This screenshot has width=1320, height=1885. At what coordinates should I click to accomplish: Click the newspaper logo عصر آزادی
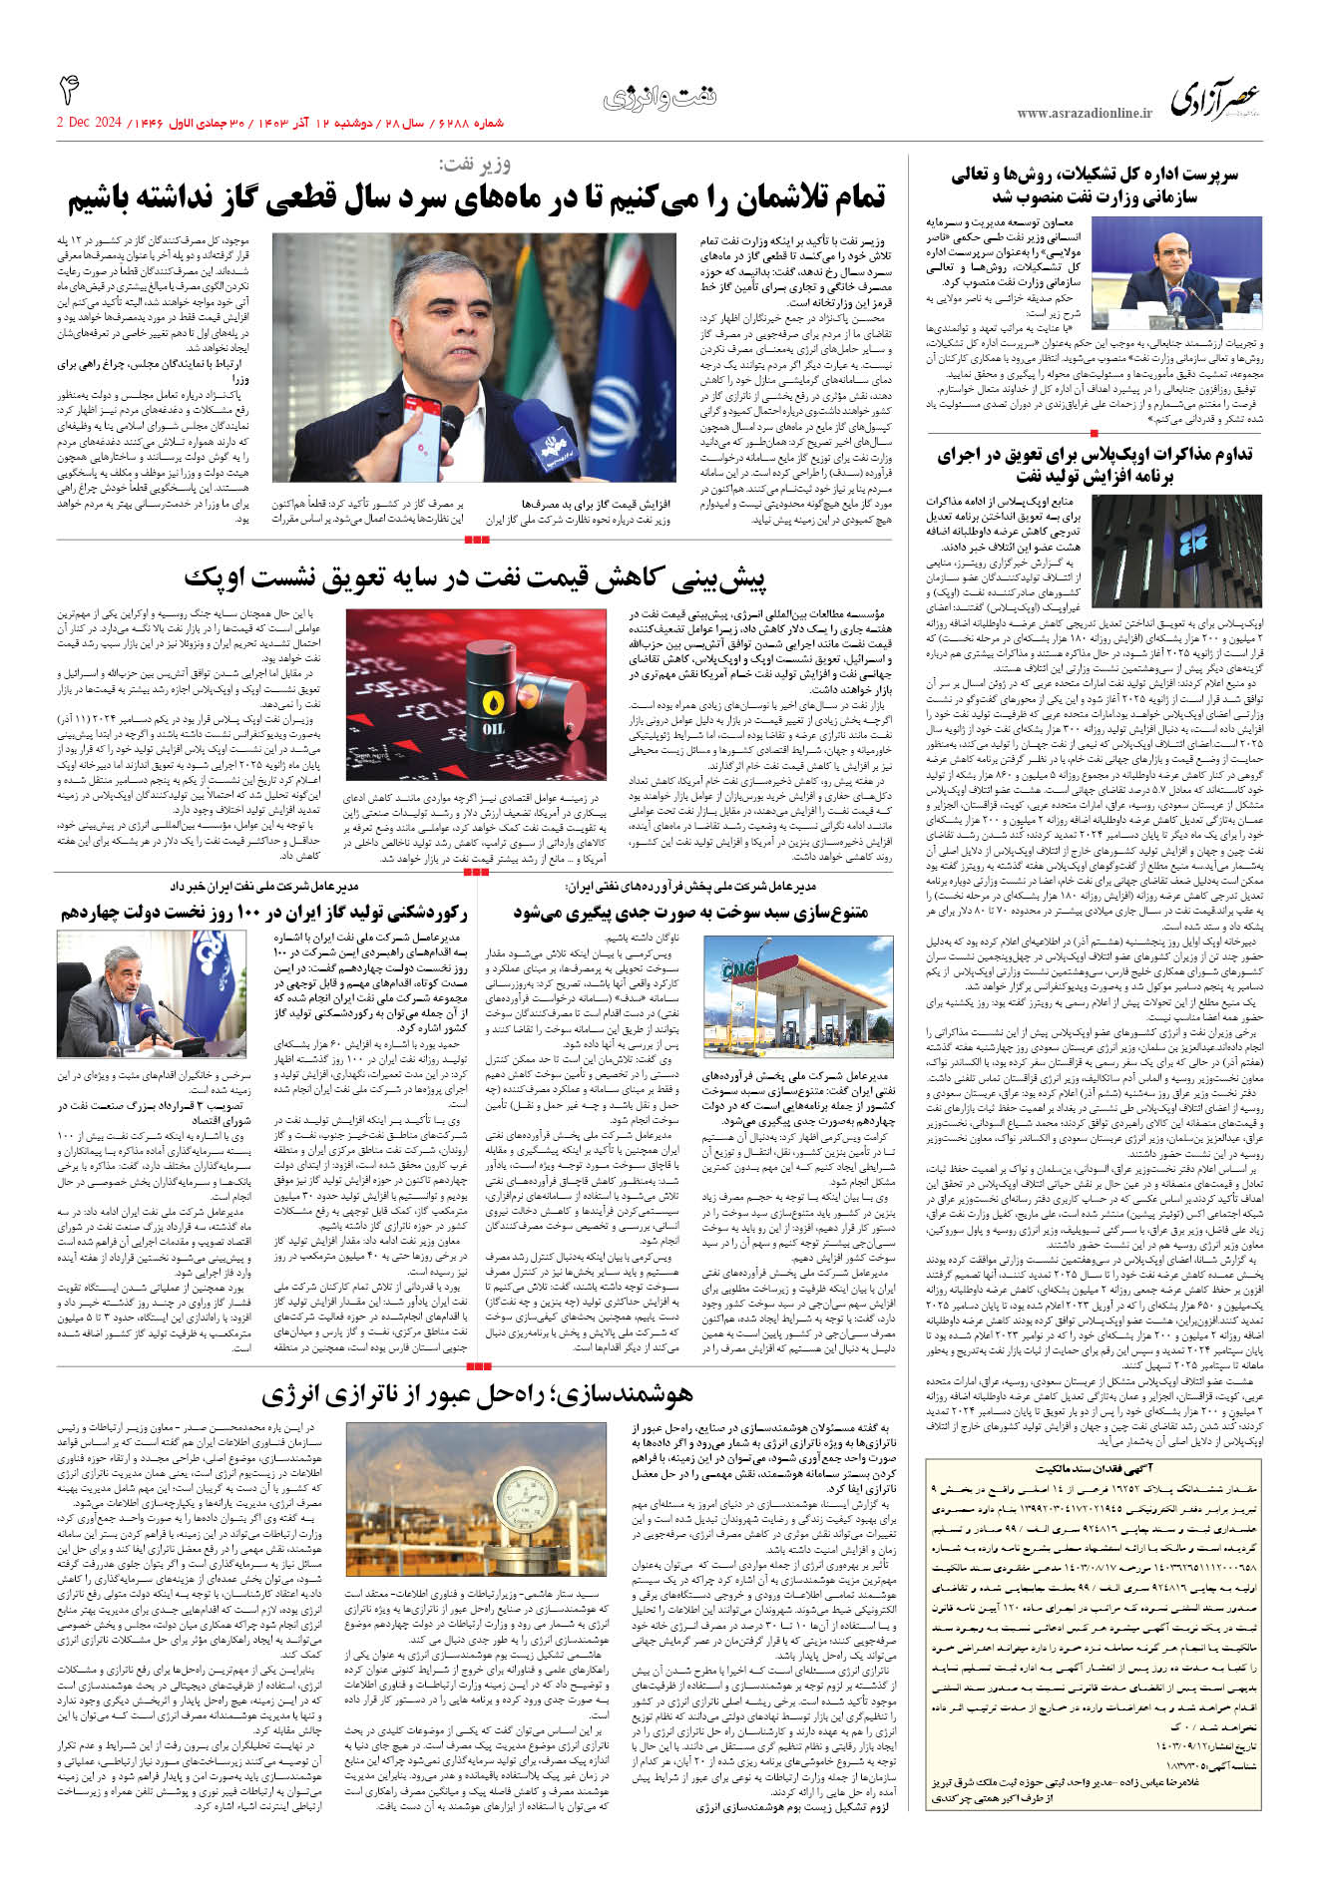coord(1214,99)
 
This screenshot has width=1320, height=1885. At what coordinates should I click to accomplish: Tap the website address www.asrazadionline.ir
coord(1084,114)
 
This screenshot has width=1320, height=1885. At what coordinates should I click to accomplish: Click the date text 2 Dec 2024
coord(89,123)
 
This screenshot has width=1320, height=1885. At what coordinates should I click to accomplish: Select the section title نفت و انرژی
coord(660,98)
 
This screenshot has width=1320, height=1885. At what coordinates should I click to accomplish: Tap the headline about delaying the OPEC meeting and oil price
coord(475,577)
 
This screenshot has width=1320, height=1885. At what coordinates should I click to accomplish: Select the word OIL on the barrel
coord(494,729)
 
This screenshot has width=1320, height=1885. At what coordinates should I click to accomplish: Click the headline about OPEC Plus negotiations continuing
coord(1095,466)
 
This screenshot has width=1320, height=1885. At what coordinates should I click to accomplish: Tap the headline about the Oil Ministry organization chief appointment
coord(1095,186)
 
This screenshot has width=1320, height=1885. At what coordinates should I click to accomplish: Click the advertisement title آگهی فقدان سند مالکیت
coord(1095,1468)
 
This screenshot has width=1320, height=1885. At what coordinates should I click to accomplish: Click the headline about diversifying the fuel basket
coord(690,913)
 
